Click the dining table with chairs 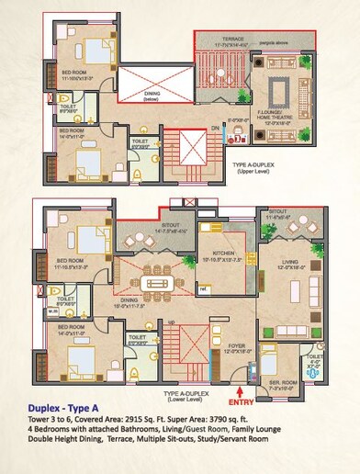[152, 282]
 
